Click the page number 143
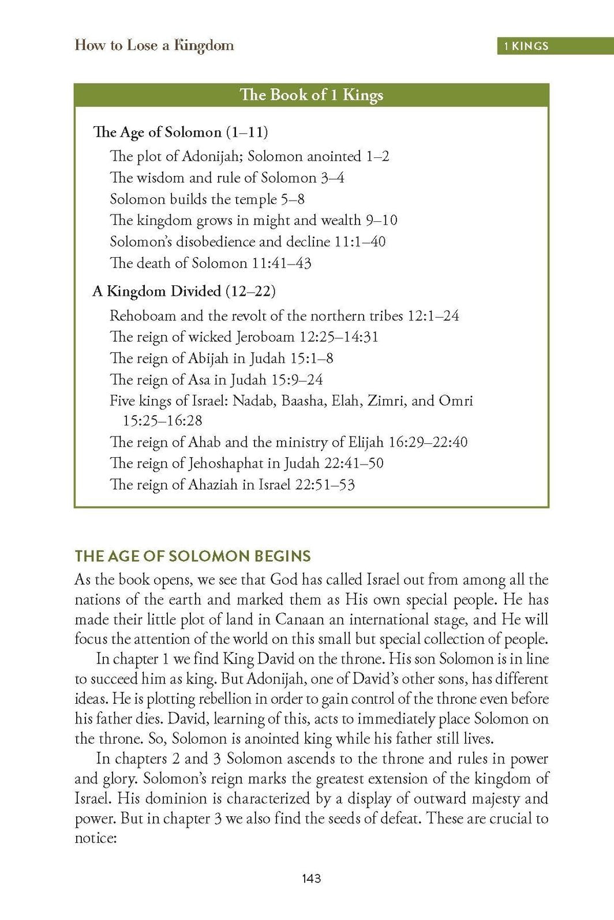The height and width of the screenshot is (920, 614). (x=310, y=878)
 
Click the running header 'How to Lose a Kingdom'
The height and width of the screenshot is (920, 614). (x=154, y=46)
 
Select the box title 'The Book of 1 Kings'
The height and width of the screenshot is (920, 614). (x=311, y=95)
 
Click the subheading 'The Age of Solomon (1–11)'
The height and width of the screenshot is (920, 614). (x=180, y=133)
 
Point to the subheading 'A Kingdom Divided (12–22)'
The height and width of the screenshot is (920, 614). (x=184, y=291)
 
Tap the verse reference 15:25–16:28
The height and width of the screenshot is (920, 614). (x=162, y=421)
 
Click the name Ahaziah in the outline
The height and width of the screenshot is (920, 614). (x=213, y=485)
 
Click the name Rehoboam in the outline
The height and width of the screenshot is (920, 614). (x=143, y=316)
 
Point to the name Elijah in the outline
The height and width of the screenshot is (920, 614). (x=366, y=442)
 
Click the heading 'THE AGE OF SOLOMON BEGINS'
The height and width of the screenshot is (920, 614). (x=193, y=556)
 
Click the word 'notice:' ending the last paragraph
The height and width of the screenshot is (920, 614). (x=96, y=838)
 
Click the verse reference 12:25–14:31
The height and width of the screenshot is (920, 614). (x=338, y=337)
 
